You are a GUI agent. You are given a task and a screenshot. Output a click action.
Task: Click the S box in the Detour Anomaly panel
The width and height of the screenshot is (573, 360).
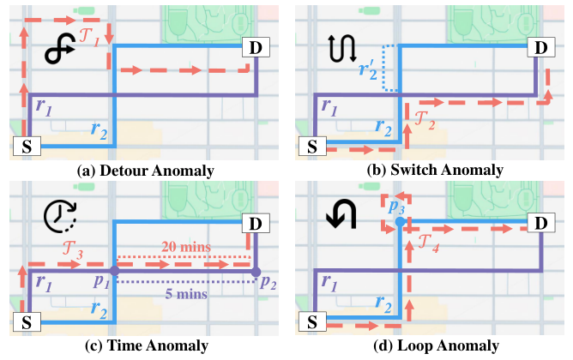[27, 146]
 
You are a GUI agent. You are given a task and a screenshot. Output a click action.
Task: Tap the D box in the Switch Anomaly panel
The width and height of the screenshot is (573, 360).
[541, 47]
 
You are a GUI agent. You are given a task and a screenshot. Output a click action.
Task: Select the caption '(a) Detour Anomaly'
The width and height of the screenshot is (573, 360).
[146, 171]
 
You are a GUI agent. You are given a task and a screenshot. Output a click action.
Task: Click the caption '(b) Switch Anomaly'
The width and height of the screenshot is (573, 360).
[435, 170]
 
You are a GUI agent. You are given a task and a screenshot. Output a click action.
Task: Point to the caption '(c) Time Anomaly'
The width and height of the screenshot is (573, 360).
[147, 345]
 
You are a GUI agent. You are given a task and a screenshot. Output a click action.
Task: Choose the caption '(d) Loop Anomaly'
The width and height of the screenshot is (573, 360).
[436, 345]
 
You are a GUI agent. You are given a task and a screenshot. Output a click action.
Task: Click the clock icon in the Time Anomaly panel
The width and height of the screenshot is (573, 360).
[61, 216]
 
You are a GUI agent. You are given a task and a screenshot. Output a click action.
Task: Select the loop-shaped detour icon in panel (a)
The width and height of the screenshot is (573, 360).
[60, 51]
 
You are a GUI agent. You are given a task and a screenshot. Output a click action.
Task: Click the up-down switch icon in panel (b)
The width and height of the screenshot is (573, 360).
[342, 48]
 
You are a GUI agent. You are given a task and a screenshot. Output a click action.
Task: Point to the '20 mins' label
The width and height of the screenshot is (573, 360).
[186, 247]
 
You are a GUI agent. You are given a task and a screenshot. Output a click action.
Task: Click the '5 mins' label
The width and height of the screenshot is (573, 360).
[186, 294]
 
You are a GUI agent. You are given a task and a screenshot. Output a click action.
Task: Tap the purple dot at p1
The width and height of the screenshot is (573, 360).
[115, 271]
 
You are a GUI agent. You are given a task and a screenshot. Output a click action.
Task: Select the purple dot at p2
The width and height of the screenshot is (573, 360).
[256, 272]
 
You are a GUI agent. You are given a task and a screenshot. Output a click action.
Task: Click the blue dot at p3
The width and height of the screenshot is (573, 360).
[400, 221]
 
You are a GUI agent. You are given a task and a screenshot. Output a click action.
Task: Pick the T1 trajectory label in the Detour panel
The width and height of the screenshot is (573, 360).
[89, 38]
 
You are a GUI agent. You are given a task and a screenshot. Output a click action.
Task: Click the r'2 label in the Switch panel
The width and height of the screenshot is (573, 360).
[368, 69]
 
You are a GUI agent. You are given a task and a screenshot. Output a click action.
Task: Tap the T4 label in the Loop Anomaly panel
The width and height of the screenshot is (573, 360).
[428, 243]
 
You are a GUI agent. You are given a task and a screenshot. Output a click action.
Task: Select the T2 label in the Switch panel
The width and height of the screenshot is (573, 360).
[425, 121]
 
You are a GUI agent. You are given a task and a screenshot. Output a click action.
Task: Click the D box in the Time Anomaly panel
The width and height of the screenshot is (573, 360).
[256, 223]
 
